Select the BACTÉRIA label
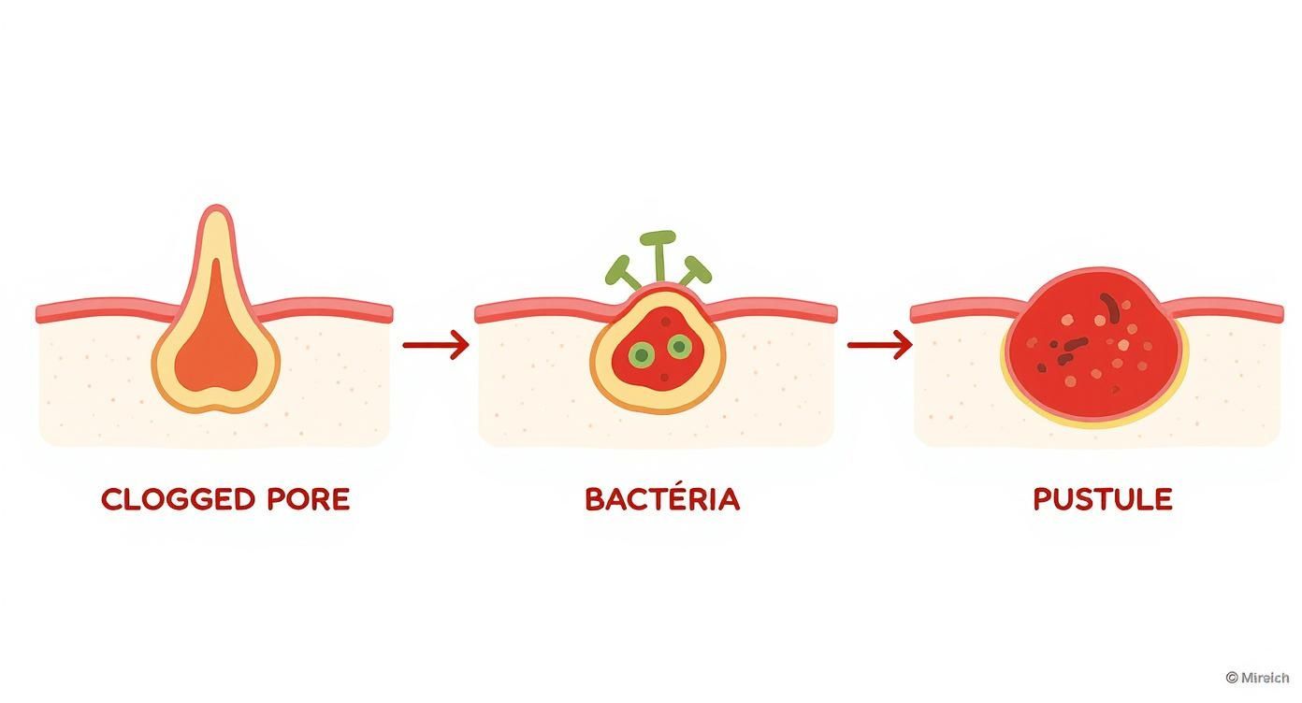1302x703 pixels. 661,499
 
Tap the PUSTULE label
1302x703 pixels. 1102,499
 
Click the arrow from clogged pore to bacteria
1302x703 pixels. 435,345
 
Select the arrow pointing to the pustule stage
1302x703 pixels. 879,345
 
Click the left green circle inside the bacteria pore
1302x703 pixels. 642,354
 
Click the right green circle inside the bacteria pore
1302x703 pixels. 680,348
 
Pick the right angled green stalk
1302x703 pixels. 695,270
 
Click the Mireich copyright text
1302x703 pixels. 1256,678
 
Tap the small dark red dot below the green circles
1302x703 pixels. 664,378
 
